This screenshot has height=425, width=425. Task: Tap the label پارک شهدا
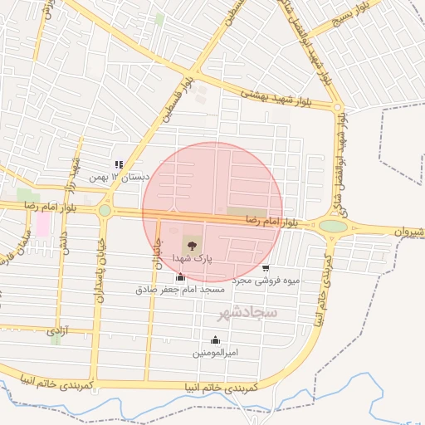click(193, 259)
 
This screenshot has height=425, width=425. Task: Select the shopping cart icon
click(266, 268)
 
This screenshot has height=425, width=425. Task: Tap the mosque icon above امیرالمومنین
click(216, 340)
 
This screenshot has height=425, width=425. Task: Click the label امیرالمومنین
click(216, 353)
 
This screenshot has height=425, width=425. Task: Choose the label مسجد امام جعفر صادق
click(181, 290)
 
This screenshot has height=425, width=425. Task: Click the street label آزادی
click(56, 331)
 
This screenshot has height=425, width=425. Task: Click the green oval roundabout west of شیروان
click(333, 226)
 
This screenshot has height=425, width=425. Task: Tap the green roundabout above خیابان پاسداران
click(105, 211)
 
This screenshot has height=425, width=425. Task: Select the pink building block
click(42, 224)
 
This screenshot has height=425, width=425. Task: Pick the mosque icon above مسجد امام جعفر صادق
click(181, 277)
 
